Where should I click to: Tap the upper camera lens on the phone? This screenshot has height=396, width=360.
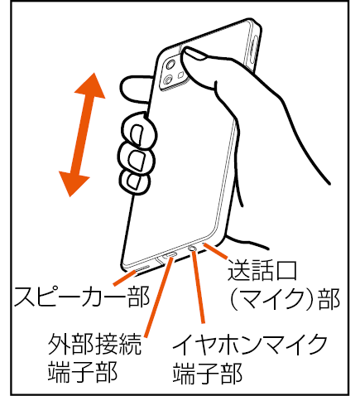tap(170, 65)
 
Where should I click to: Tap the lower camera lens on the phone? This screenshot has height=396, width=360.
tap(167, 81)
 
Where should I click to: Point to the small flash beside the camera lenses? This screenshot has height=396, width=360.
tap(181, 75)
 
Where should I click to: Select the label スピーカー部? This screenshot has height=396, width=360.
tap(82, 297)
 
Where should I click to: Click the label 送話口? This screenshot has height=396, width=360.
tap(262, 270)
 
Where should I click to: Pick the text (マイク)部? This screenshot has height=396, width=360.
tap(285, 299)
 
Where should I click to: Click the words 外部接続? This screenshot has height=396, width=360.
tap(95, 344)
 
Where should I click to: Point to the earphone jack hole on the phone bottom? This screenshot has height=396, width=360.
tap(192, 249)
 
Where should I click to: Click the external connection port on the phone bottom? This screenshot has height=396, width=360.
tap(170, 255)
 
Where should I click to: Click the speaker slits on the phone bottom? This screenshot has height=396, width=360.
tap(141, 268)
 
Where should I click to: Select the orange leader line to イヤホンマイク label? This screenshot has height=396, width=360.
tap(199, 287)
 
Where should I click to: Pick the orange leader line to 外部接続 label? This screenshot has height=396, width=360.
tap(158, 297)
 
